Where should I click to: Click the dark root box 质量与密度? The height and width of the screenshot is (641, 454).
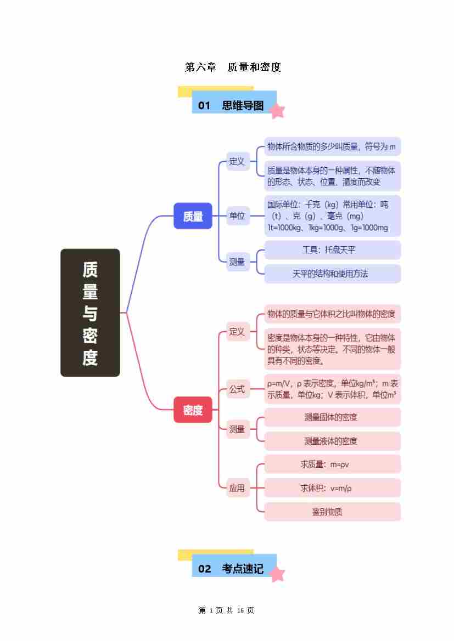[x=90, y=313]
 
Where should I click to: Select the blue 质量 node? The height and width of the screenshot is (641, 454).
[x=193, y=216]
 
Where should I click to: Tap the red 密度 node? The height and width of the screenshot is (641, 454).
[x=193, y=410]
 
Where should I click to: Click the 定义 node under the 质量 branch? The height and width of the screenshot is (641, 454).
[x=237, y=161]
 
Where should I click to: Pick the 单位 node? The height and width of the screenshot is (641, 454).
[x=237, y=216]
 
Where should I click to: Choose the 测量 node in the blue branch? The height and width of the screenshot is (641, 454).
[x=237, y=262]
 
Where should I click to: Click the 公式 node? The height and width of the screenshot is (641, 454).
[x=237, y=389]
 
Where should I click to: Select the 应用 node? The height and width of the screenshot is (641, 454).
[x=237, y=487]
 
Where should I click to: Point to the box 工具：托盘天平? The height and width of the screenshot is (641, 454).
[x=332, y=250]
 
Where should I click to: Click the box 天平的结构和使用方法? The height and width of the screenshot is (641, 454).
[x=332, y=274]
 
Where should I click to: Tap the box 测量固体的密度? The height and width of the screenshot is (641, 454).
[x=332, y=417]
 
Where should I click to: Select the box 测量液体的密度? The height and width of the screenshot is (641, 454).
[x=332, y=441]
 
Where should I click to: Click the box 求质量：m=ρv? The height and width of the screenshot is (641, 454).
[x=332, y=464]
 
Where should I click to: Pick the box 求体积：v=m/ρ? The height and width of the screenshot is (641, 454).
[x=332, y=488]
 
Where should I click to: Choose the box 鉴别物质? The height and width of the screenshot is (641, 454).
[x=332, y=512]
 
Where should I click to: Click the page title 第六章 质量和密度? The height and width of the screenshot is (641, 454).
[x=233, y=67]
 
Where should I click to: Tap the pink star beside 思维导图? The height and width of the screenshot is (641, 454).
[x=277, y=111]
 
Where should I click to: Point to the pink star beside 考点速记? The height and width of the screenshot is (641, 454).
[x=277, y=574]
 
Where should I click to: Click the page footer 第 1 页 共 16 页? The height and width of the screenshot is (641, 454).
[x=226, y=610]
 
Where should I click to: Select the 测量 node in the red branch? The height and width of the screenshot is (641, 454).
[x=237, y=429]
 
